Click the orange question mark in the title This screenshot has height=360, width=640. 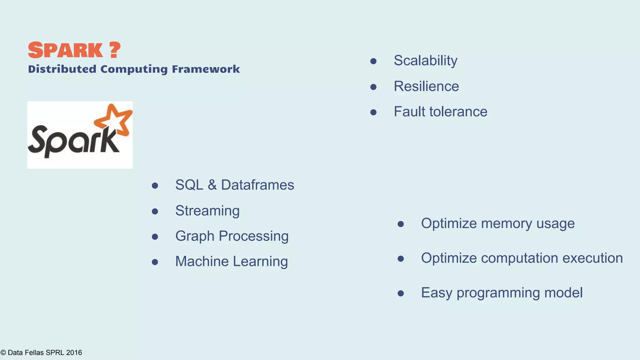pos(115,50)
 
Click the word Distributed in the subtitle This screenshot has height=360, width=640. pos(62,69)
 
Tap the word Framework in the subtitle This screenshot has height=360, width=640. pos(206,69)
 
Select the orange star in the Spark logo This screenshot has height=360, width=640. pos(114,120)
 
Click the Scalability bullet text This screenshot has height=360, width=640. pos(425,61)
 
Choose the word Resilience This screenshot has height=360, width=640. pos(426,86)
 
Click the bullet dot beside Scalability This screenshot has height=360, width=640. pos(373,61)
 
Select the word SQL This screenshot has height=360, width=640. pos(189,185)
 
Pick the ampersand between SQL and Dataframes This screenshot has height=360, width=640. pos(212,185)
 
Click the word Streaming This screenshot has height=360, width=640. pos(207,211)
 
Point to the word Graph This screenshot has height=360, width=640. pos(195,237)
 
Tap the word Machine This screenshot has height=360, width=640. pos(202,261)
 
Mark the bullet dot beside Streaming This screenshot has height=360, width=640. pos(155,212)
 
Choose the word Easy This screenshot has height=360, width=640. pos(436,293)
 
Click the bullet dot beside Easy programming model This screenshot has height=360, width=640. pos(401,293)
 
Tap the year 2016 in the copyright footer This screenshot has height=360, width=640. pos(74,353)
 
